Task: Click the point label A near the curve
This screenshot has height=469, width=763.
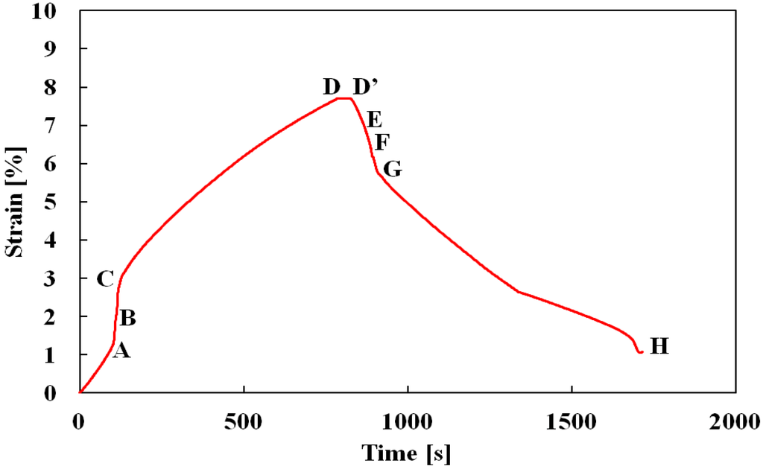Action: coord(121,351)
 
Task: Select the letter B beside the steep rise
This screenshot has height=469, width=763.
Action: coord(127,319)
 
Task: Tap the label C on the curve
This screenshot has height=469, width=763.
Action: coord(105,280)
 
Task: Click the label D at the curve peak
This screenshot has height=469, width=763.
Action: coord(332,87)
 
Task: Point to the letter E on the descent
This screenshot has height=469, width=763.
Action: coord(374,119)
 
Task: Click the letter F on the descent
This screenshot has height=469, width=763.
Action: coord(382,141)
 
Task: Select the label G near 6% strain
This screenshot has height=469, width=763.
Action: coord(393,170)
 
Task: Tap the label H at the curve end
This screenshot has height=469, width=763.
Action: coord(659,346)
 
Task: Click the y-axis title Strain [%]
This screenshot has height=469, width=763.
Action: coord(14,202)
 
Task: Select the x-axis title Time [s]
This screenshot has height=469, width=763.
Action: coord(407,452)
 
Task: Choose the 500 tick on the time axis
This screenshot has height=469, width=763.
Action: coord(244,421)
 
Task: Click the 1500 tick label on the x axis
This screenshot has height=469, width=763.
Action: coord(572,421)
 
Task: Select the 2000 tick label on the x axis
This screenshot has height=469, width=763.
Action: coord(735,421)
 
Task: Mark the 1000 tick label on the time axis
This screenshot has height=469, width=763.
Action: coord(408,421)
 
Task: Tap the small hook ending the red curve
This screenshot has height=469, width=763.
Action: coord(639,351)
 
